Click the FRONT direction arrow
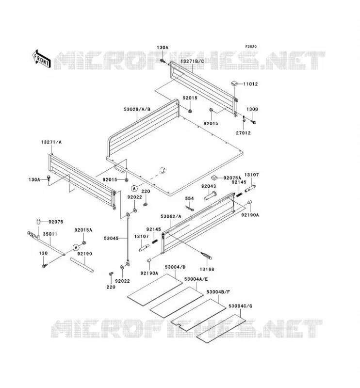click(41, 59)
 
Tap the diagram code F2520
click(251, 47)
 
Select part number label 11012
click(250, 84)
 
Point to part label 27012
click(243, 133)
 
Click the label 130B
click(252, 109)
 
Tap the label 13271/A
click(51, 142)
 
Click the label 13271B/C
click(192, 61)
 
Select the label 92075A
click(232, 178)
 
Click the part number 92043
click(209, 186)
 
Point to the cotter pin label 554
click(189, 198)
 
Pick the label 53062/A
click(171, 216)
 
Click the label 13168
click(207, 269)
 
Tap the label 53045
click(112, 238)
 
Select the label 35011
click(50, 234)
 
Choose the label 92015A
click(83, 230)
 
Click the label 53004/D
click(175, 267)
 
